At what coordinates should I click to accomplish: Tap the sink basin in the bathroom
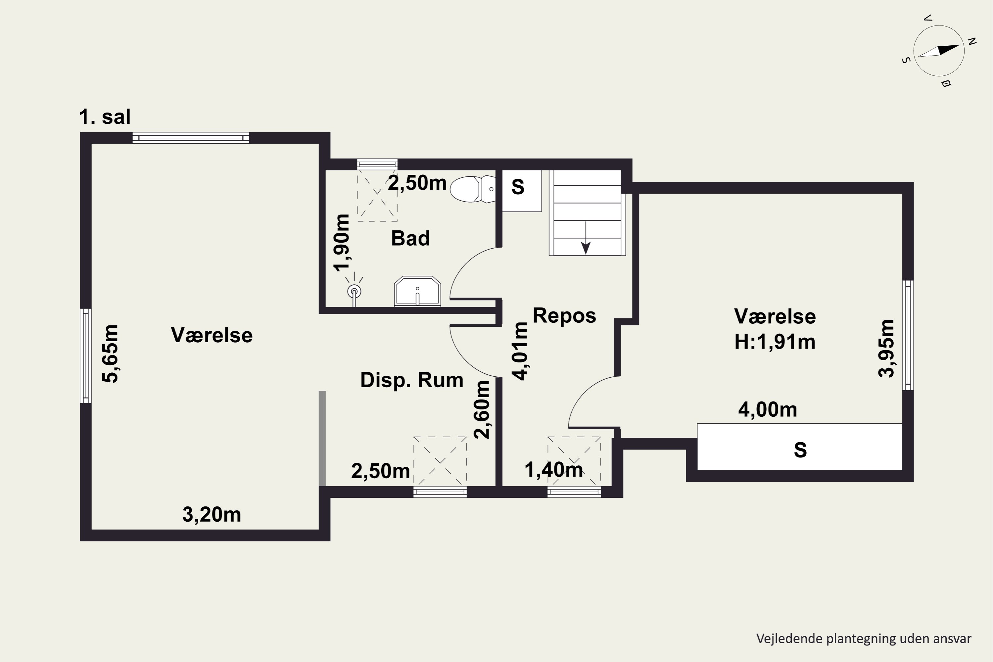[417, 291]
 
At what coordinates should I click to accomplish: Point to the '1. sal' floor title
[105, 117]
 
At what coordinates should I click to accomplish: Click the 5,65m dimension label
[111, 354]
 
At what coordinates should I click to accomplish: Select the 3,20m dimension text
[212, 515]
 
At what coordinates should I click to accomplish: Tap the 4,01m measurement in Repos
[521, 351]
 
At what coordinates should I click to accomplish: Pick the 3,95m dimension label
[886, 348]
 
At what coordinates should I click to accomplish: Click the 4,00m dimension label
[768, 409]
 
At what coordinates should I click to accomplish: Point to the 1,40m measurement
[553, 469]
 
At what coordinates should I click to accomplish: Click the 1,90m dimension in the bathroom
[342, 242]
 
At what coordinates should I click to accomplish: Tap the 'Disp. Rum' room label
[412, 380]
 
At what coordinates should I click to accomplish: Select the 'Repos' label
[564, 316]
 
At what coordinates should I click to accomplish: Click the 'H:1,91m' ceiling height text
[775, 342]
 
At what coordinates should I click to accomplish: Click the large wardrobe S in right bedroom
[800, 447]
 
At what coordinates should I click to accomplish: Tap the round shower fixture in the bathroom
[354, 291]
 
